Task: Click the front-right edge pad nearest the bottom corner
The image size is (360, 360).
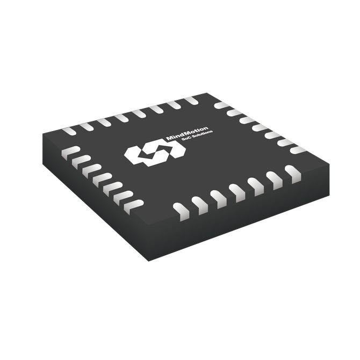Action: [x=181, y=210]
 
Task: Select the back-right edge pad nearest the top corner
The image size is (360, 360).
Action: [x=221, y=105]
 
